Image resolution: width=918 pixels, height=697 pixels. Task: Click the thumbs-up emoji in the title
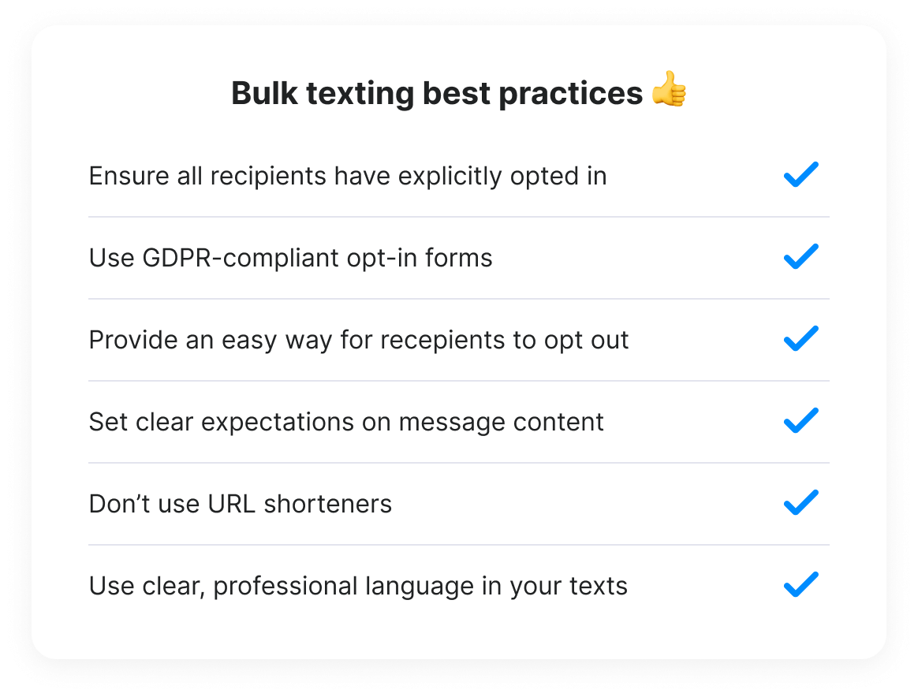[669, 89]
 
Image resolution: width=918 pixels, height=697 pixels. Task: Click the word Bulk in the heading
[265, 93]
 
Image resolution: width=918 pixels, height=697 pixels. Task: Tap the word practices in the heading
[571, 94]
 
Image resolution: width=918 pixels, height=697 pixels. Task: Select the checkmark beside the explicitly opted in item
[801, 174]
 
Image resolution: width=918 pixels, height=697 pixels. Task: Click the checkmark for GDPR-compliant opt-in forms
[801, 256]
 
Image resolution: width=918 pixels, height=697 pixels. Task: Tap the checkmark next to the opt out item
[801, 338]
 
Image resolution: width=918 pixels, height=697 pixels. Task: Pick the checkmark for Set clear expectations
[801, 420]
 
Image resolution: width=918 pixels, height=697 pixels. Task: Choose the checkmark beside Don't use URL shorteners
[801, 502]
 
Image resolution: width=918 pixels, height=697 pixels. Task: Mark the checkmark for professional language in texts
[801, 584]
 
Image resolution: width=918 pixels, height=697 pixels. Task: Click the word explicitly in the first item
[450, 177]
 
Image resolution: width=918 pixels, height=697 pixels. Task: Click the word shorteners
[327, 504]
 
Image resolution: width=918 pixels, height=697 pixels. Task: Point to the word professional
[285, 587]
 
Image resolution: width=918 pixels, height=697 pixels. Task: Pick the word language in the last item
[420, 587]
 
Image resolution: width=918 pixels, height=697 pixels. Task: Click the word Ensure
[129, 176]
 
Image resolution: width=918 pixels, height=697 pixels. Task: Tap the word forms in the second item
[458, 258]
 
